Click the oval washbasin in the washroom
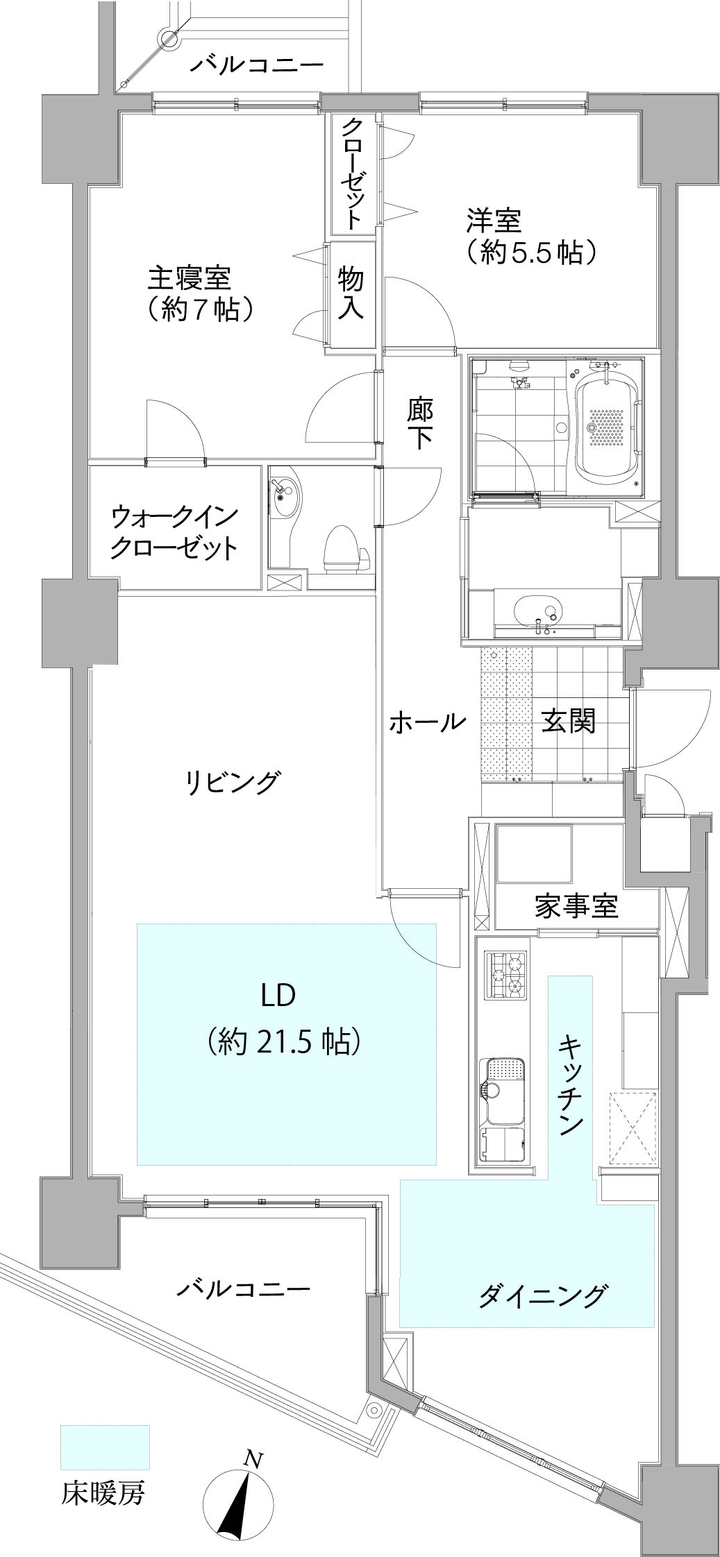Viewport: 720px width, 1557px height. point(539,610)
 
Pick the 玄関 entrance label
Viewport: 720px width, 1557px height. point(569,722)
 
